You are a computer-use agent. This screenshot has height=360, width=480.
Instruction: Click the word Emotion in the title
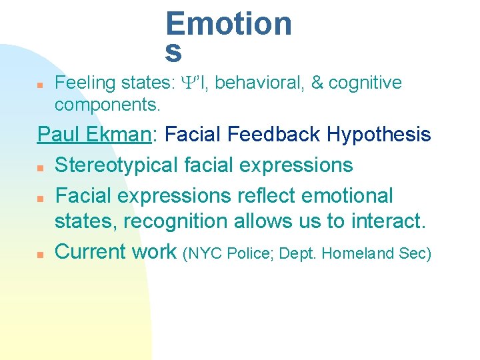(x=229, y=24)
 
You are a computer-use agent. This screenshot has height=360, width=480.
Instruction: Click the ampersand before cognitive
(x=317, y=83)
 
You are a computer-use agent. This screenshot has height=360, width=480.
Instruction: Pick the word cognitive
(x=365, y=83)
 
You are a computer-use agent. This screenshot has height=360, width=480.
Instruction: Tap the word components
(x=107, y=105)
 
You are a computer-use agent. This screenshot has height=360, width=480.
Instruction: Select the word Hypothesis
(x=379, y=135)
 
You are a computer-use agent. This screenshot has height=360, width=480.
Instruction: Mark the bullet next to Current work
(x=40, y=254)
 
